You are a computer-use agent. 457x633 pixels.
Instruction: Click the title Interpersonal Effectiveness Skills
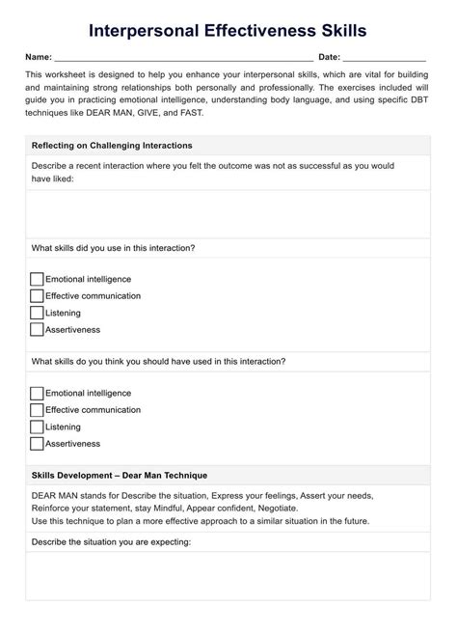(228, 32)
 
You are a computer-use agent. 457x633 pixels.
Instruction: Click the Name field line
(183, 58)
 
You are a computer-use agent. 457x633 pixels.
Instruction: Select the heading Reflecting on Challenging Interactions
(112, 146)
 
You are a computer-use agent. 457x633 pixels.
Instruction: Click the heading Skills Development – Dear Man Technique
(120, 476)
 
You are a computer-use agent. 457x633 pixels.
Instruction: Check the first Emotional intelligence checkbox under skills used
(37, 279)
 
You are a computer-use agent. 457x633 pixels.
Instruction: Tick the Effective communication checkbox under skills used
(37, 296)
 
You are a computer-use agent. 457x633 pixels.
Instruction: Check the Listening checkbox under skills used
(37, 313)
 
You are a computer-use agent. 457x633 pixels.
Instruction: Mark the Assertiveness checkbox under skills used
(37, 330)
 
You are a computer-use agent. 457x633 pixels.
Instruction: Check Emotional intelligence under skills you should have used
(37, 394)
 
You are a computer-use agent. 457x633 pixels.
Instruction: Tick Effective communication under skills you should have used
(37, 410)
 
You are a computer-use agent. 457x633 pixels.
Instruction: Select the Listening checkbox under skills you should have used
(37, 427)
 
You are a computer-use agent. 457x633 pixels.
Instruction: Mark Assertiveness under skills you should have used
(37, 444)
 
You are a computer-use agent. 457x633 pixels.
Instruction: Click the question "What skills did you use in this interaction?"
(114, 248)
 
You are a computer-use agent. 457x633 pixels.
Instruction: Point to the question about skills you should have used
(158, 362)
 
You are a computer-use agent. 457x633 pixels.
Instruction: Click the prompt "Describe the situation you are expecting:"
(111, 541)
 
